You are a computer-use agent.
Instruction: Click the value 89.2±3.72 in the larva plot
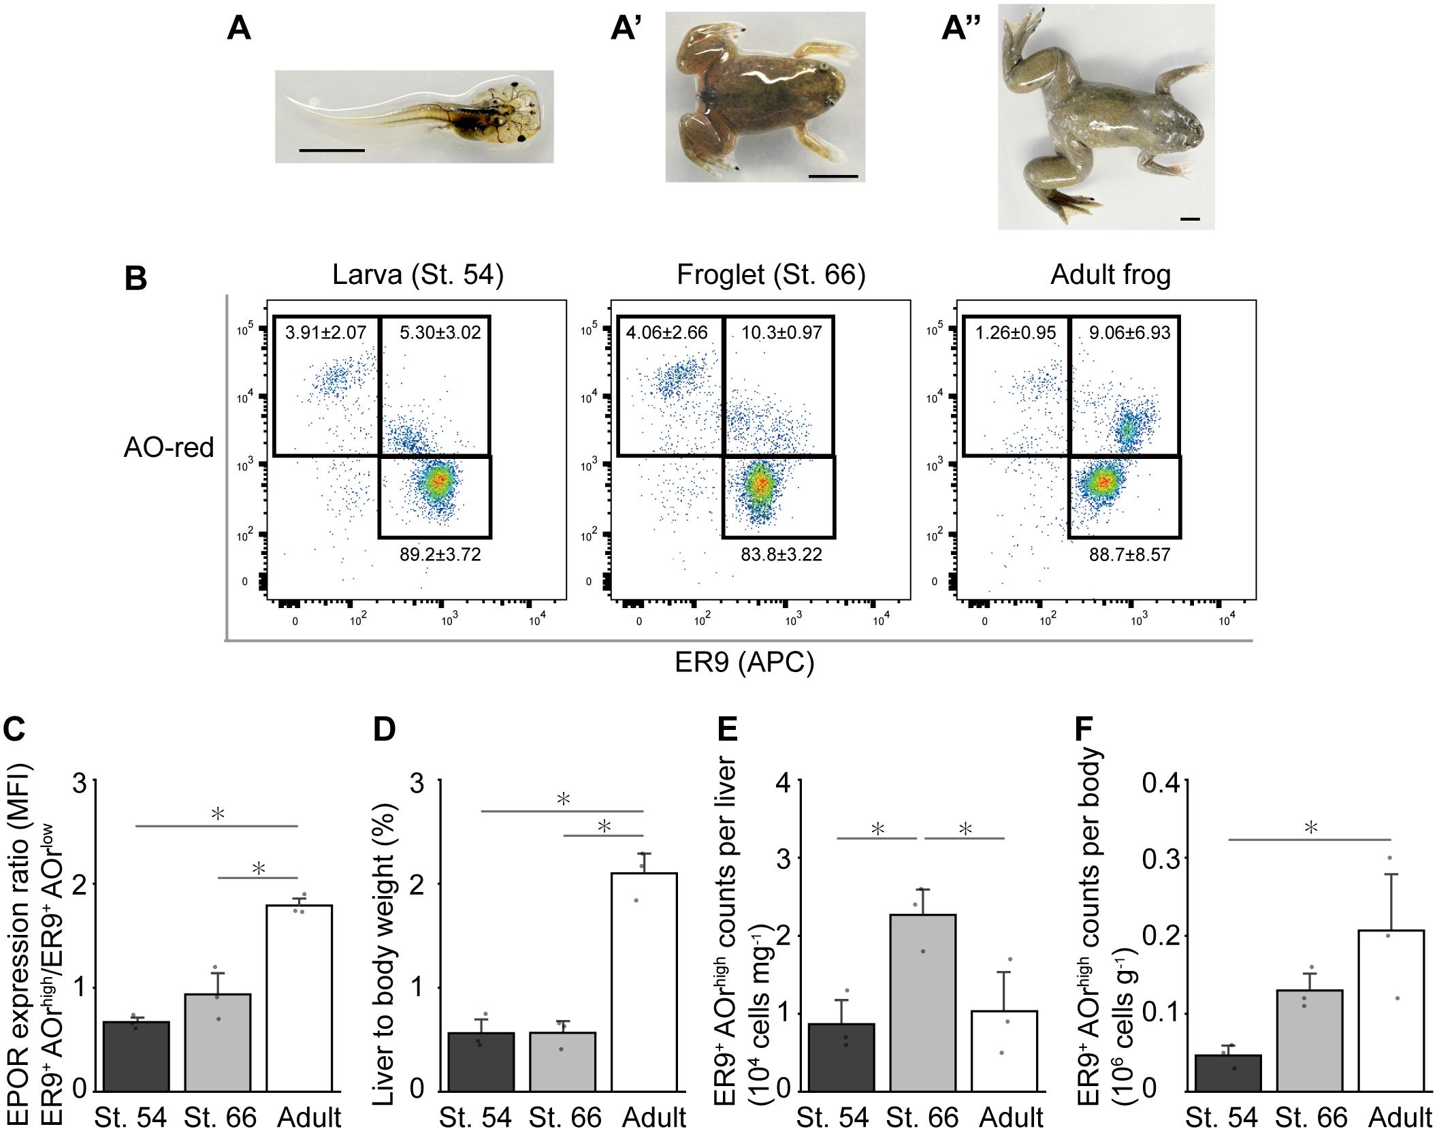tap(440, 554)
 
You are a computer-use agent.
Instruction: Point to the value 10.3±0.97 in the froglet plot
tap(781, 332)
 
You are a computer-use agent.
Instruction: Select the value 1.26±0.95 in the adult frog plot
tap(1015, 332)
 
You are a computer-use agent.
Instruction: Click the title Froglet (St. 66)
tap(771, 274)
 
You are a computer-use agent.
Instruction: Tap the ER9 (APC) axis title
tap(745, 662)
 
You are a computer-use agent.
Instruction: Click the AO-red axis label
tap(169, 447)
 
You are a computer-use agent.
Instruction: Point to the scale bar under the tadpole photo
tap(332, 150)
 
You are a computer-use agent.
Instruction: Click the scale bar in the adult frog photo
tap(1189, 219)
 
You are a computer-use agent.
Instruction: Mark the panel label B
tap(135, 279)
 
